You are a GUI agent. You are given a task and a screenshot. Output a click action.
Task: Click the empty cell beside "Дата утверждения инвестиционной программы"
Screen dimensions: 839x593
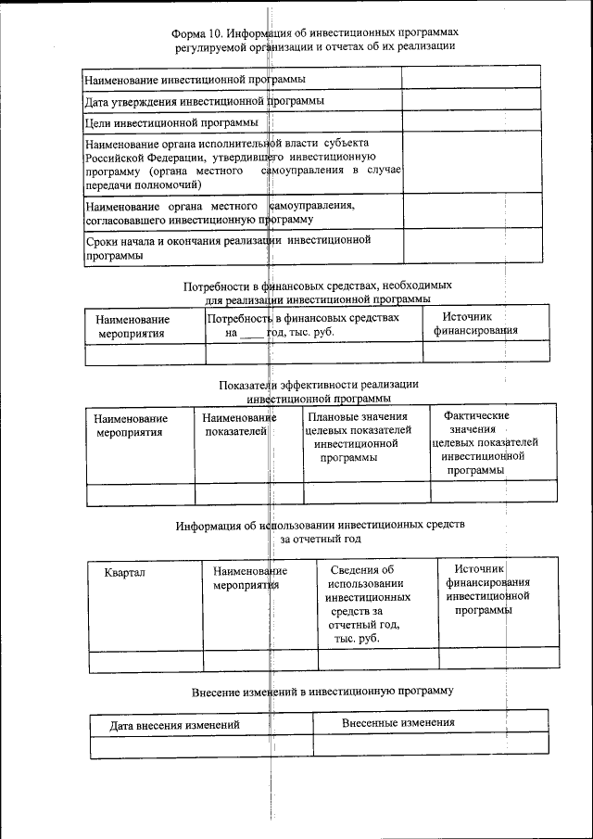pos(471,100)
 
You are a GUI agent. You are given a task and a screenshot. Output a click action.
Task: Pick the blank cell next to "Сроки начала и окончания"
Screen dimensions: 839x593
pos(471,248)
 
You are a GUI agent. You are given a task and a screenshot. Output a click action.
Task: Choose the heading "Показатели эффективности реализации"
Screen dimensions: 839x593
pos(319,384)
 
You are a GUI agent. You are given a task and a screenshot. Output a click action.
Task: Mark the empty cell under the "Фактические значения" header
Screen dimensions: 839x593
pos(493,491)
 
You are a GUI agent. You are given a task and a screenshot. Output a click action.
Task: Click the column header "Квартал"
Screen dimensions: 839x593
pos(125,572)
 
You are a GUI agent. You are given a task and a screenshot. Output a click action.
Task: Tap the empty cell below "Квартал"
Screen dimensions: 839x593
pos(145,659)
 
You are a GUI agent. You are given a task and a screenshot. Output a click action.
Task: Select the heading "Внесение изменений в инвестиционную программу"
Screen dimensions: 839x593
pos(323,691)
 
